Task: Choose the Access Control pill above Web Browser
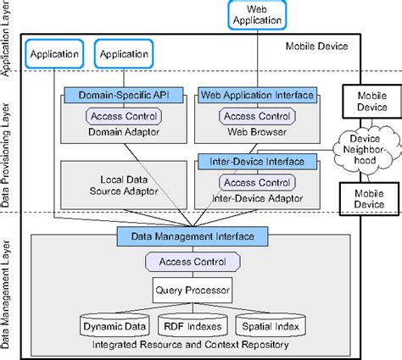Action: [x=255, y=116]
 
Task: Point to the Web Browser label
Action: [x=255, y=132]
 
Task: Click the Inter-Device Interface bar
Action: [x=255, y=159]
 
